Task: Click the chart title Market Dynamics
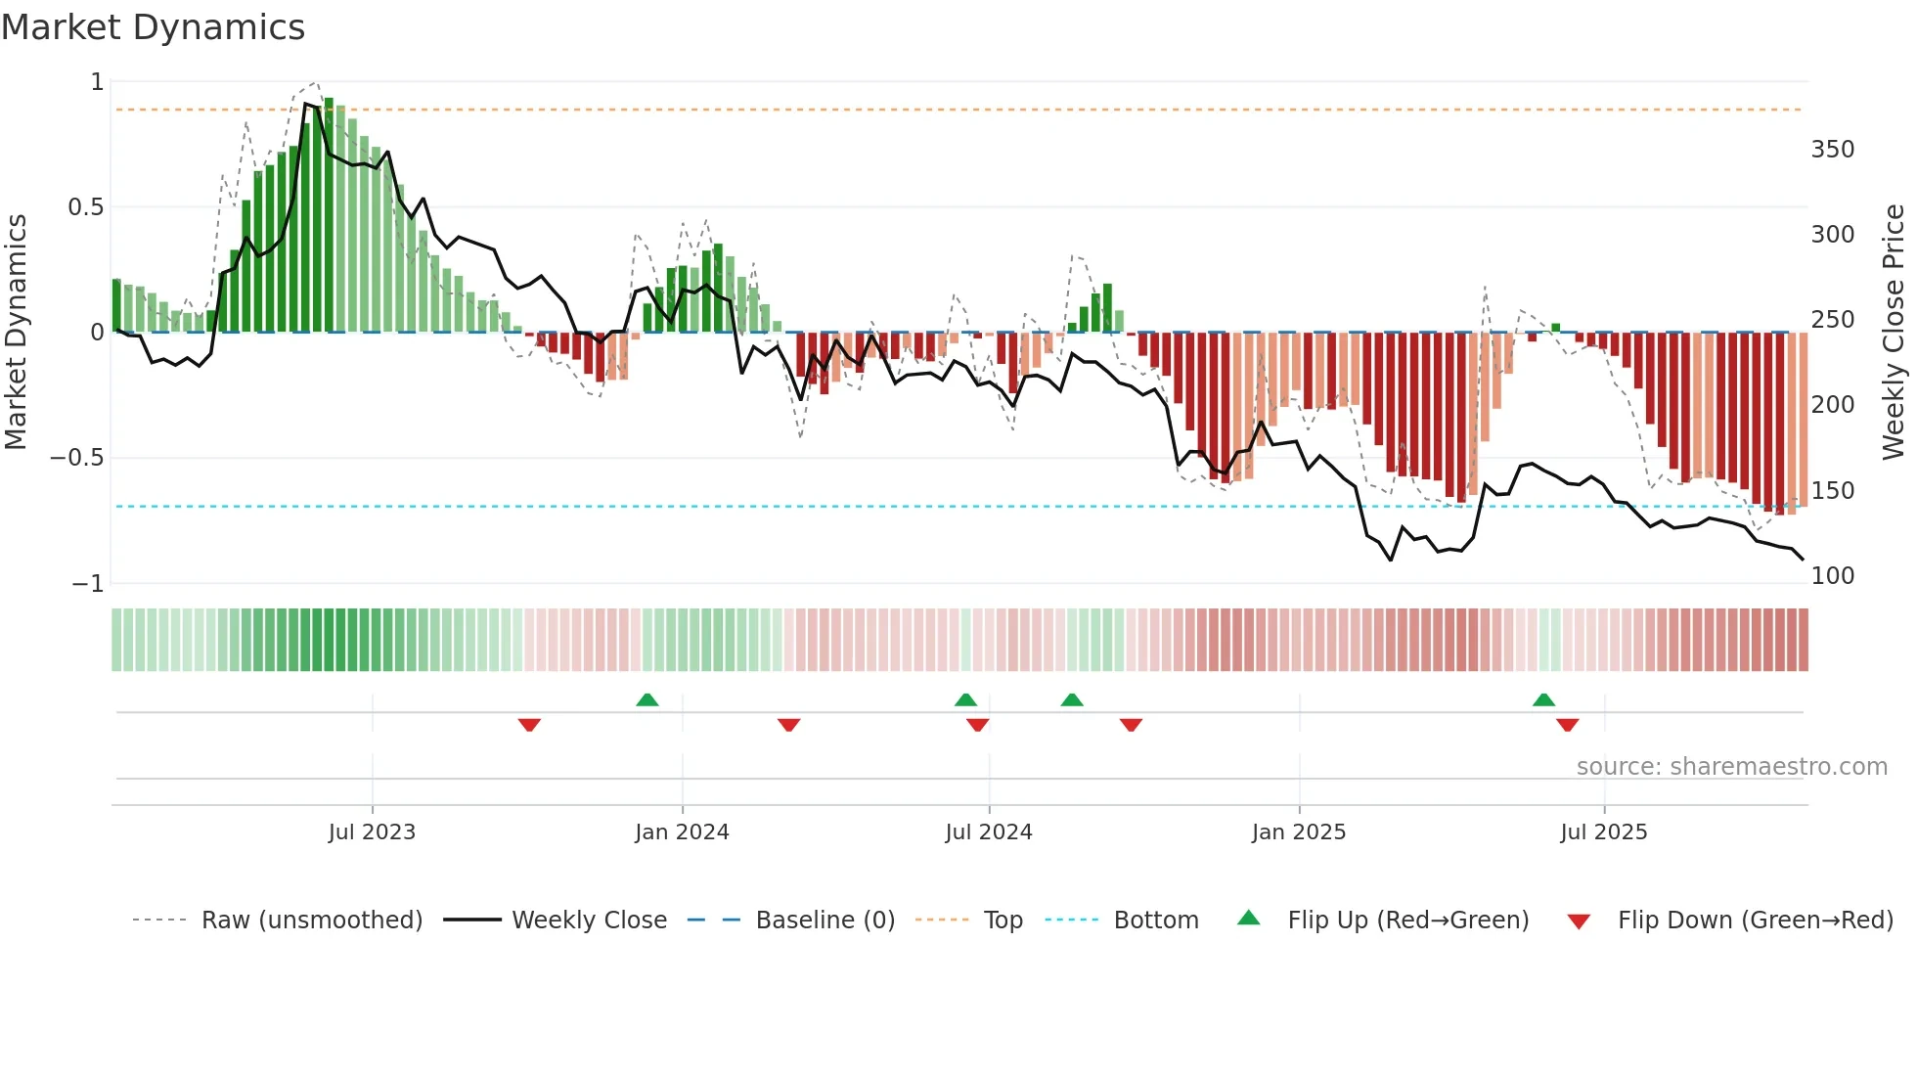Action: (x=154, y=27)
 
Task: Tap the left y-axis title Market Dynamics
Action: (x=17, y=332)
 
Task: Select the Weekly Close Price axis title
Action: (x=1895, y=332)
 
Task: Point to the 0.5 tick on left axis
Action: (x=86, y=207)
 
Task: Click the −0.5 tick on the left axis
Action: (x=77, y=458)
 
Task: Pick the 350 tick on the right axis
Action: (x=1832, y=150)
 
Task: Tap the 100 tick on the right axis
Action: (x=1832, y=576)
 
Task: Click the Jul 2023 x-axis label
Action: (x=372, y=832)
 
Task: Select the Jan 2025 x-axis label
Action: (x=1299, y=832)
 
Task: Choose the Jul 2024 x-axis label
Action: (x=989, y=832)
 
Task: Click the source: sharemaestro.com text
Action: (x=1731, y=767)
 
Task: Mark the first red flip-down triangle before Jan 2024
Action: (x=529, y=725)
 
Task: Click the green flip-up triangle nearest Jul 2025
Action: (x=1543, y=699)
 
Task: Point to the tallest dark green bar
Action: (x=329, y=215)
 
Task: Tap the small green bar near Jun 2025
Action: (x=1556, y=328)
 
